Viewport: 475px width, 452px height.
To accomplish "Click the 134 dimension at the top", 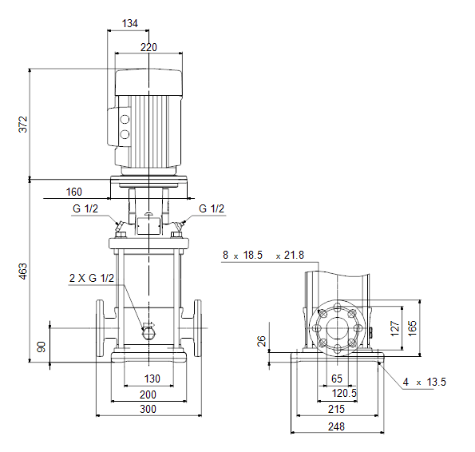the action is pos(129,23).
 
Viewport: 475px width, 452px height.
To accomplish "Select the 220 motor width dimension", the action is pos(148,47).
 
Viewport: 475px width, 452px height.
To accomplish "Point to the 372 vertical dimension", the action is pos(23,125).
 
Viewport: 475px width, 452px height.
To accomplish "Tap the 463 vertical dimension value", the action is pos(23,272).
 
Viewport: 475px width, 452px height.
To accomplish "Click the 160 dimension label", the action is pos(74,192).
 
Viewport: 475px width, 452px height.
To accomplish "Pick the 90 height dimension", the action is pos(41,347).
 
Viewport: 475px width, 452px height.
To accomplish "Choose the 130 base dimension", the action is pos(152,379).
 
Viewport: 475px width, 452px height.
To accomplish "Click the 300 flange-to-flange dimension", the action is pos(148,409).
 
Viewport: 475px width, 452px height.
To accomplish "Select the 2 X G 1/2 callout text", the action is pos(92,278).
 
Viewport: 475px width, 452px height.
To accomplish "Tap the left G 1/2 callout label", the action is pos(85,208).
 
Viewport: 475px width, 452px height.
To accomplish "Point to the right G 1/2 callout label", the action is pos(212,208).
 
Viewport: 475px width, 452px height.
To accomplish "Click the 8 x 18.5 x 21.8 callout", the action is pos(263,255).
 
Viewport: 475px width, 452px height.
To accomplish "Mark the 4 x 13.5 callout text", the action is pos(425,382).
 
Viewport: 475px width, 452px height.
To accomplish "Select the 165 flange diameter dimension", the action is pos(413,328).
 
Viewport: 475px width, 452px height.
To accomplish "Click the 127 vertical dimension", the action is pos(395,328).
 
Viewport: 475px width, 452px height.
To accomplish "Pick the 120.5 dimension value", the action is pos(344,393).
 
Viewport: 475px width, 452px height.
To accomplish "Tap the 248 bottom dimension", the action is pos(336,426).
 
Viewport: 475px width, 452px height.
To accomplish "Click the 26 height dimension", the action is pos(261,341).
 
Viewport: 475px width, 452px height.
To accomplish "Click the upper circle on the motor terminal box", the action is pos(125,119).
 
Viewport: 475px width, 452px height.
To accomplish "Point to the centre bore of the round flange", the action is pos(338,328).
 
